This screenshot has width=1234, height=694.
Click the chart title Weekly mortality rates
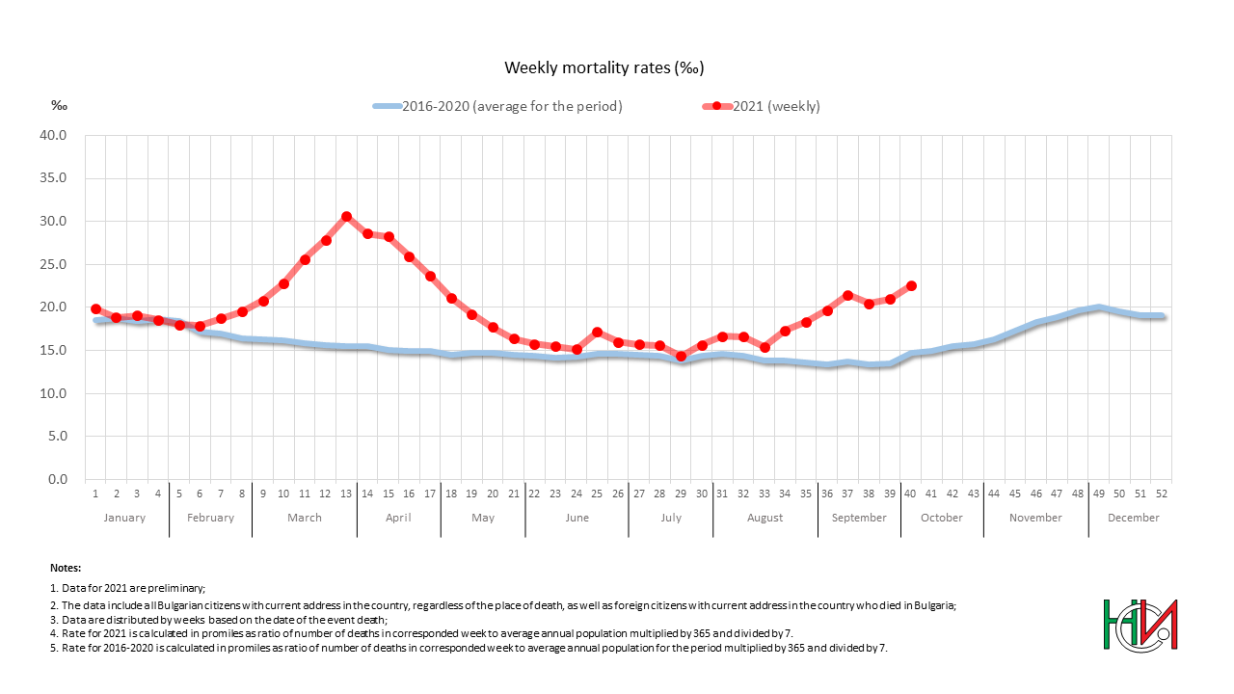[604, 67]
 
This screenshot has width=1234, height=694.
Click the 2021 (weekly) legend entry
[776, 106]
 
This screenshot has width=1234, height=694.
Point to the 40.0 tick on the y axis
[53, 135]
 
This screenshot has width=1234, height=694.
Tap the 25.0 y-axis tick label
[53, 264]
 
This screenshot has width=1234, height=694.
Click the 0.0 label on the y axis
[57, 479]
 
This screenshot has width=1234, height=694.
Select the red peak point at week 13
[347, 217]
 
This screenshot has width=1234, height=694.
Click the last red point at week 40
[911, 286]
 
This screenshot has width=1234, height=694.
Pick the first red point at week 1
[95, 308]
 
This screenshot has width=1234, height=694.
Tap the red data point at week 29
[681, 356]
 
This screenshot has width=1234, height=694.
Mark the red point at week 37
[847, 296]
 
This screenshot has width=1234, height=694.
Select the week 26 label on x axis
[618, 494]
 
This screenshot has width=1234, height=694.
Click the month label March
[305, 518]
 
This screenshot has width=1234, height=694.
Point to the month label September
[859, 518]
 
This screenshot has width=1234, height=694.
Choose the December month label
[1133, 518]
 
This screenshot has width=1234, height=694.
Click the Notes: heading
[66, 569]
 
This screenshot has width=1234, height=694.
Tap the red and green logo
[1140, 625]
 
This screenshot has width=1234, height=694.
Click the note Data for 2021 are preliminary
[127, 587]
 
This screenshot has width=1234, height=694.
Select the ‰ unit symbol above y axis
[59, 106]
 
